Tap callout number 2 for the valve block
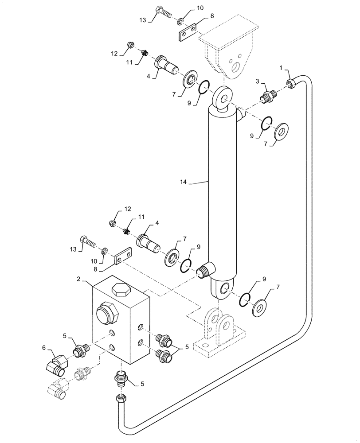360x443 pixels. [78, 280]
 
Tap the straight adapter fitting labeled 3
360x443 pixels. [267, 95]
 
